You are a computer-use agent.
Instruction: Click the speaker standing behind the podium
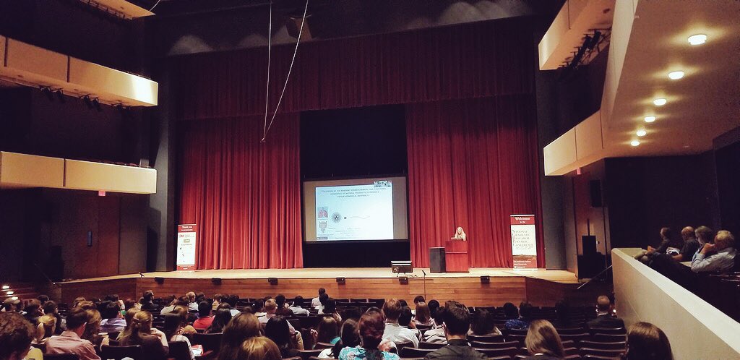[459, 233]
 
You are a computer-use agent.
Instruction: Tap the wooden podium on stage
[456, 256]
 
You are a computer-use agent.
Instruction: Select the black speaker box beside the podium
[437, 260]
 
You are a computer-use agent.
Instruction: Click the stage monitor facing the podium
[401, 267]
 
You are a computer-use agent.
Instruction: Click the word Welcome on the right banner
[522, 219]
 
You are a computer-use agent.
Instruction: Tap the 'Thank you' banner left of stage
[186, 247]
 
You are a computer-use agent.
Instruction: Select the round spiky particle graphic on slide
[336, 217]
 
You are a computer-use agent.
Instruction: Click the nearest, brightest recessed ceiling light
[697, 39]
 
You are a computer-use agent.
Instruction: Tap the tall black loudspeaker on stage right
[589, 256]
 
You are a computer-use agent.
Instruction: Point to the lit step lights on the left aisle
[7, 288]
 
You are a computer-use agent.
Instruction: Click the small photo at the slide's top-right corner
[382, 184]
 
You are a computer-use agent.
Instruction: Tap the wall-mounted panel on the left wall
[90, 238]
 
